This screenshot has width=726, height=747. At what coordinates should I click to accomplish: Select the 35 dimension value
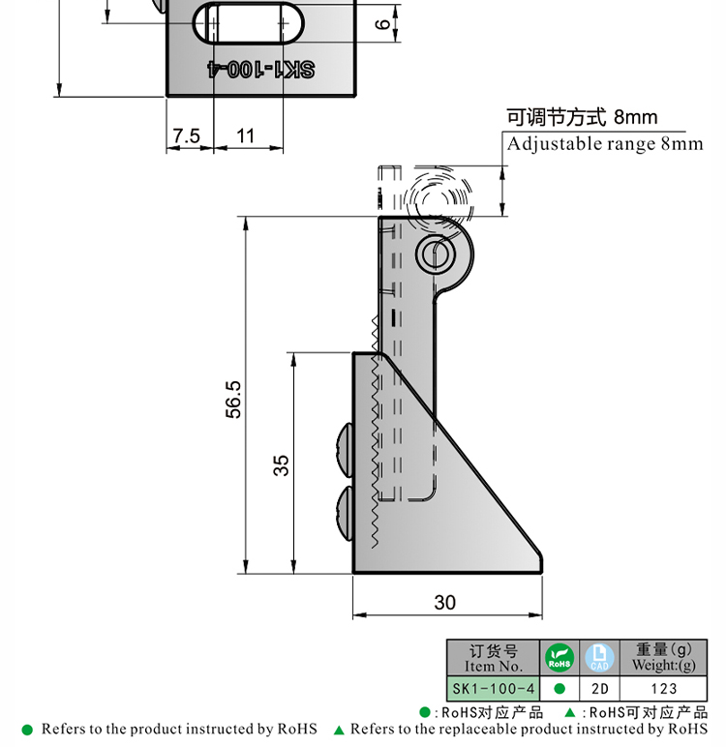click(x=281, y=464)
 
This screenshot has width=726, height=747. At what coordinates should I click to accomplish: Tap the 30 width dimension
click(x=444, y=602)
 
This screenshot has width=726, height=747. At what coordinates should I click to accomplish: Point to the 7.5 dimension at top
click(x=186, y=136)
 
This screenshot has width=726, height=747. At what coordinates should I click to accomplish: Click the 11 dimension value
click(x=246, y=136)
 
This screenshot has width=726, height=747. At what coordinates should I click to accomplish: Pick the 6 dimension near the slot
click(x=380, y=25)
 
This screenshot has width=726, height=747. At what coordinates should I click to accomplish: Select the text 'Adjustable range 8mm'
click(x=605, y=144)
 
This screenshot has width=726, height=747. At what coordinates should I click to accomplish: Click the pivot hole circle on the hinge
click(x=435, y=254)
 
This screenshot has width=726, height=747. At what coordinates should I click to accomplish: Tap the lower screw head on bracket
click(x=345, y=513)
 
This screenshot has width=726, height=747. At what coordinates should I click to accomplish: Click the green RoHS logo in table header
click(x=560, y=659)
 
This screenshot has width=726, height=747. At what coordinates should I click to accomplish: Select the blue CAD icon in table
click(x=599, y=659)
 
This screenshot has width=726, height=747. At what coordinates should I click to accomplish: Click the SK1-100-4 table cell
click(x=493, y=689)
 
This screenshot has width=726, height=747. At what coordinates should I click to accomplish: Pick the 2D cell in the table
click(x=599, y=689)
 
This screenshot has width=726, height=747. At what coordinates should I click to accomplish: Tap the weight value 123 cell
click(x=663, y=689)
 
